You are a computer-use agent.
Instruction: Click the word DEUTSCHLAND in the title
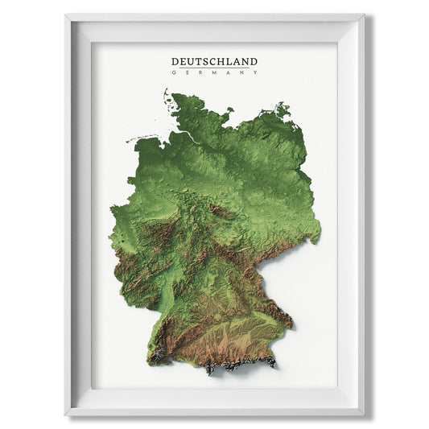pyautogui.click(x=214, y=61)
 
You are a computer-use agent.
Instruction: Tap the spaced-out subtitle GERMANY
pyautogui.click(x=214, y=72)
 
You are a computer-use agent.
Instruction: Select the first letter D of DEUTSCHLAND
pyautogui.click(x=175, y=61)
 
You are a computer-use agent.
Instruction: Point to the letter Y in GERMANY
pyautogui.click(x=256, y=72)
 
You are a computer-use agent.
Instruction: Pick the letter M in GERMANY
pyautogui.click(x=214, y=72)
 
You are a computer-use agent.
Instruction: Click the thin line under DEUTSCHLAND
pyautogui.click(x=214, y=68)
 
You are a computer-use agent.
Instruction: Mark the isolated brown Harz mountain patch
pyautogui.click(x=218, y=211)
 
